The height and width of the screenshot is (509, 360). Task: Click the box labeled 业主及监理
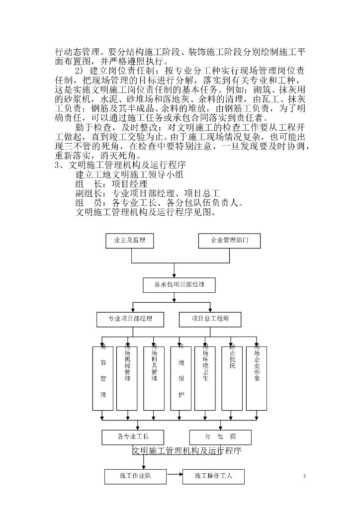(x=129, y=241)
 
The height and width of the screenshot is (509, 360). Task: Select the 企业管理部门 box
(x=229, y=241)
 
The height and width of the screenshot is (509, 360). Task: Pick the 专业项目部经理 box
(x=130, y=319)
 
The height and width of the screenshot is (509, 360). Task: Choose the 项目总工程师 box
(x=209, y=319)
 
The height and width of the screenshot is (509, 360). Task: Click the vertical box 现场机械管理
(x=128, y=378)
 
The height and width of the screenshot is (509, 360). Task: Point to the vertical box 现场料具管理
(x=154, y=378)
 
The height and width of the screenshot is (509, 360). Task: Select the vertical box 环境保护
(x=181, y=378)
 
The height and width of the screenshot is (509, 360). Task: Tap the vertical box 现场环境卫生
(x=205, y=378)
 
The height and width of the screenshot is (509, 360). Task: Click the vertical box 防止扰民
(x=232, y=378)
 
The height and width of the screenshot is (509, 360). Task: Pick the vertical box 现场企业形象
(x=257, y=378)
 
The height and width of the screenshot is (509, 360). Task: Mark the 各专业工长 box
(x=133, y=437)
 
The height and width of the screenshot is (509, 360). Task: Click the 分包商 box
(x=220, y=437)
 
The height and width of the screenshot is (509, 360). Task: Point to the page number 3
(x=304, y=477)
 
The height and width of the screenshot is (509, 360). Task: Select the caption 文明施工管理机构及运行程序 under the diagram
(x=187, y=451)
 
